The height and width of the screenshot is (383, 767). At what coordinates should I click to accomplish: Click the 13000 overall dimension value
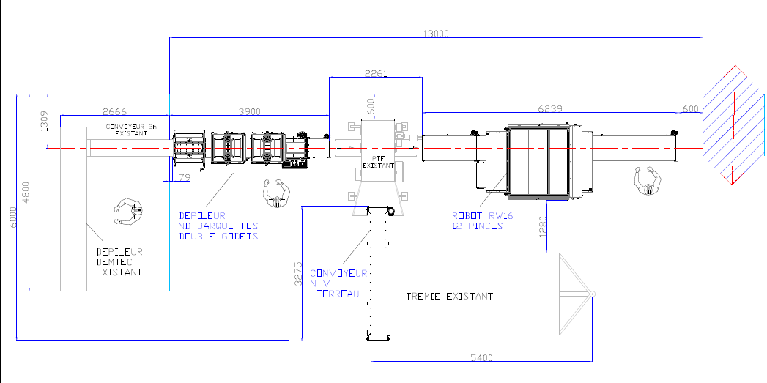point(436,33)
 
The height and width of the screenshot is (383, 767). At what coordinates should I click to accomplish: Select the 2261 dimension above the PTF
point(376,73)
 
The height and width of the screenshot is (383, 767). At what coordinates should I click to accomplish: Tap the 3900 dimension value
point(250,111)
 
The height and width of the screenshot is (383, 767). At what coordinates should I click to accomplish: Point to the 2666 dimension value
point(114,111)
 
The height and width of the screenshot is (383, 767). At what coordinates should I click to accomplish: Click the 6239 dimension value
point(550,108)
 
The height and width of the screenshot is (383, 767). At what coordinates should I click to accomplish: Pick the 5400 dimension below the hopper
point(481,357)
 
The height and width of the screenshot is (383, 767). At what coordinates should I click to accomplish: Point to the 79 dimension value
point(185,177)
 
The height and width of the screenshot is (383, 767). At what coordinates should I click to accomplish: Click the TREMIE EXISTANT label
point(450,297)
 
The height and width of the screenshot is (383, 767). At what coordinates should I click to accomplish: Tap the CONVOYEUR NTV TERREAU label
point(338,283)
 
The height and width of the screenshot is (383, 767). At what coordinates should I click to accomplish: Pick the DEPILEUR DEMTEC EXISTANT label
point(119,261)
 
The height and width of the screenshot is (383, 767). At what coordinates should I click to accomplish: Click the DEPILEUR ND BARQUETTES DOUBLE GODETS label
point(219,226)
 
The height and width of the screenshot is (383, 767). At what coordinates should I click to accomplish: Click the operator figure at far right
point(648,181)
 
